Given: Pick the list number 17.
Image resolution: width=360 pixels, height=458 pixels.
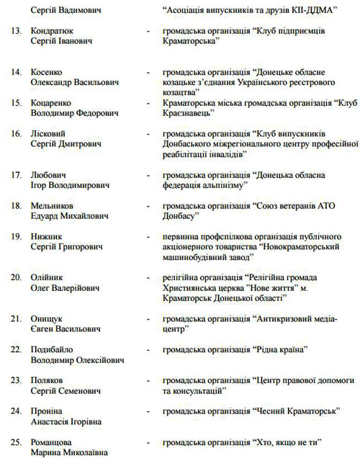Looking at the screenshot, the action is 15,176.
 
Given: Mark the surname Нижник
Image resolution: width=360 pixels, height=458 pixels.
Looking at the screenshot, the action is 48,236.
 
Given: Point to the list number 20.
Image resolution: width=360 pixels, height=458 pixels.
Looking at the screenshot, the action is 15,277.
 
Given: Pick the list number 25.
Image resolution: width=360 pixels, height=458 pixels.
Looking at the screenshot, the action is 15,441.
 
